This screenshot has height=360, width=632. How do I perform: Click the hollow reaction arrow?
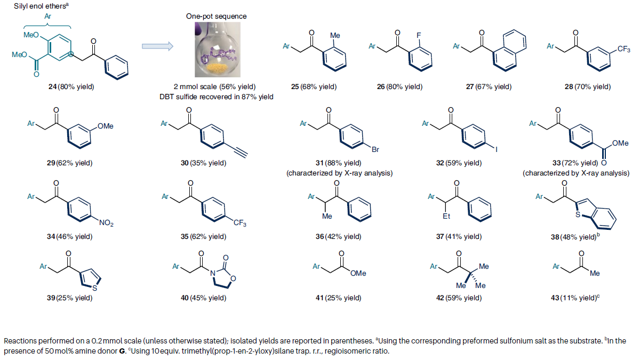(157, 46)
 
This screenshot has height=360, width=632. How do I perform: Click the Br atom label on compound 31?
(375, 150)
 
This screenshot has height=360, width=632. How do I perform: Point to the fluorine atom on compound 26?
(418, 35)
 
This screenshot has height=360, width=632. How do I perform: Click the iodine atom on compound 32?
(497, 150)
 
